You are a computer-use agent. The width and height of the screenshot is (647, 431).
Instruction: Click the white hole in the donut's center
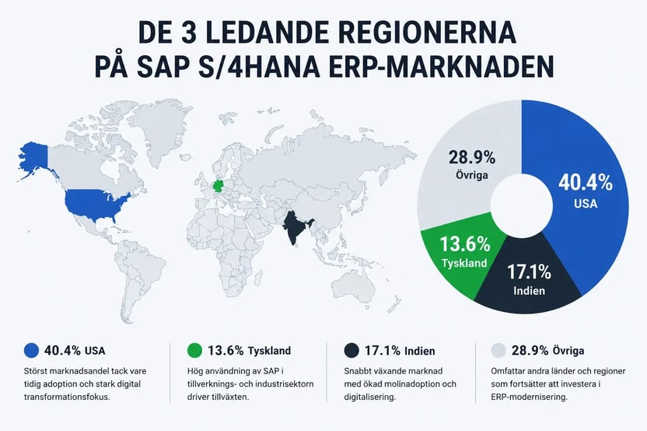(522, 206)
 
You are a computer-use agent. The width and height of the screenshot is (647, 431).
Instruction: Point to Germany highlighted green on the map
(218, 186)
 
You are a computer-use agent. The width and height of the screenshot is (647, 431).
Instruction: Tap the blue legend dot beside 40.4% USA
(31, 351)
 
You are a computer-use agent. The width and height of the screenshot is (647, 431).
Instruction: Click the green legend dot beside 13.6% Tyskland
(194, 351)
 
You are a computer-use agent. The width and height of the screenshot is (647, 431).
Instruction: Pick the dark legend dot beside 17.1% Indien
(351, 351)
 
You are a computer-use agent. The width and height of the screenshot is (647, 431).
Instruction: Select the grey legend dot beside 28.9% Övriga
(498, 351)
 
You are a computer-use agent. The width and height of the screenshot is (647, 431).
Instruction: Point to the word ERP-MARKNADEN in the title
(441, 66)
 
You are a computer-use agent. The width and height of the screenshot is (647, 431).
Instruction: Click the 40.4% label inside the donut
(586, 182)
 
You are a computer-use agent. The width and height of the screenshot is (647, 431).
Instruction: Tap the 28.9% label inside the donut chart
(471, 157)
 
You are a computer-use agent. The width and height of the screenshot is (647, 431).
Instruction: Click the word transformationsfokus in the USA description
(67, 397)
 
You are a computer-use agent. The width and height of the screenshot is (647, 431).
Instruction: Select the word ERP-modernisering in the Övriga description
(529, 397)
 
